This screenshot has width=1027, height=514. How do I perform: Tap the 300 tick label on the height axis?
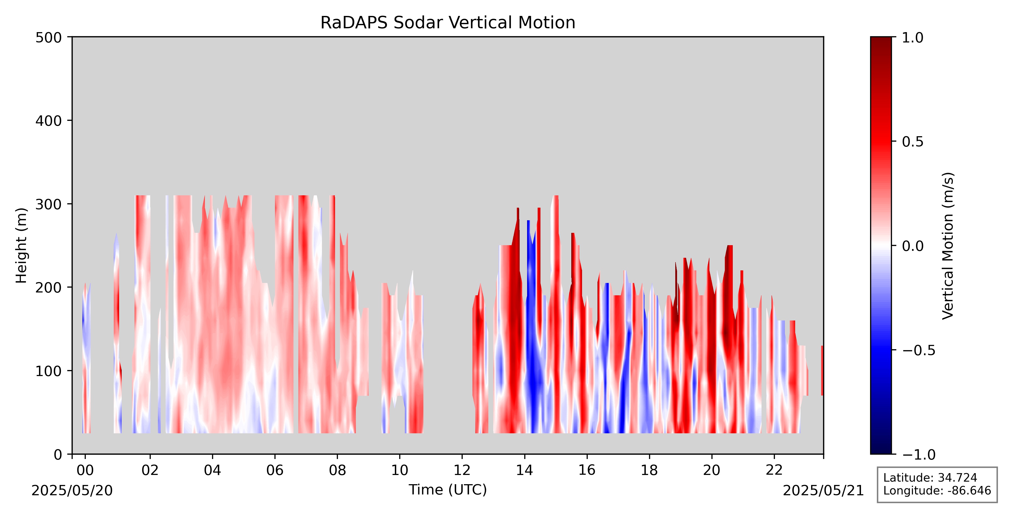coord(49,204)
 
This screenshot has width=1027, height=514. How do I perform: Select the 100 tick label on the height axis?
coord(49,371)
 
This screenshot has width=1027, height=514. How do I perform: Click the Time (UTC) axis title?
coord(448,489)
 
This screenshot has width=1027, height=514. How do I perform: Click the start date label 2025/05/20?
coord(72,490)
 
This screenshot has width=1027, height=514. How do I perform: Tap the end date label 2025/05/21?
coord(823,490)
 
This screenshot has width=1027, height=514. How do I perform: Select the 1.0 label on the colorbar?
coord(912,38)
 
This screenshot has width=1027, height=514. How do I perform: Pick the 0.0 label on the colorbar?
coord(912,246)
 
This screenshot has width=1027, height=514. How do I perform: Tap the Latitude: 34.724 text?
coord(930,478)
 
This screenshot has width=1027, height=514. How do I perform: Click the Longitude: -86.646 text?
coord(937,490)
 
